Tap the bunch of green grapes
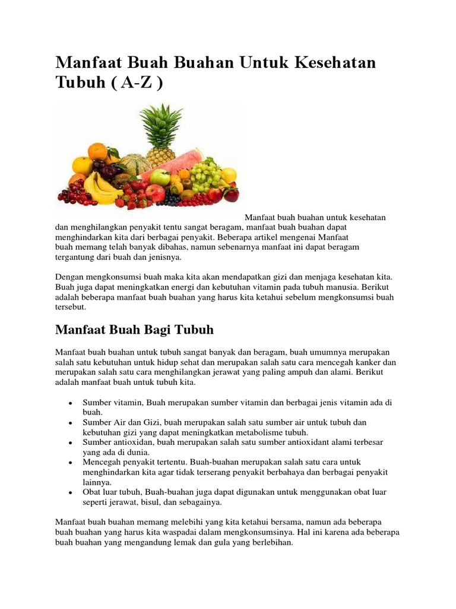207,171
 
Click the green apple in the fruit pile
160,177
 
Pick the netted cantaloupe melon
135,164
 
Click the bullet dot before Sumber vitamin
71,403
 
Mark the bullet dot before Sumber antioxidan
71,443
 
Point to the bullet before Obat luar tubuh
71,493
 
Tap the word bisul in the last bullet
146,502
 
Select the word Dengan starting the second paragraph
69,277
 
